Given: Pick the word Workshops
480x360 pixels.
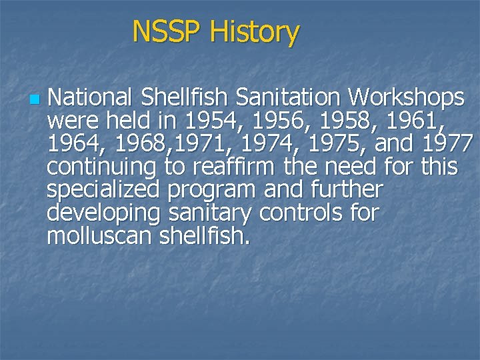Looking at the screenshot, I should click(406, 99).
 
